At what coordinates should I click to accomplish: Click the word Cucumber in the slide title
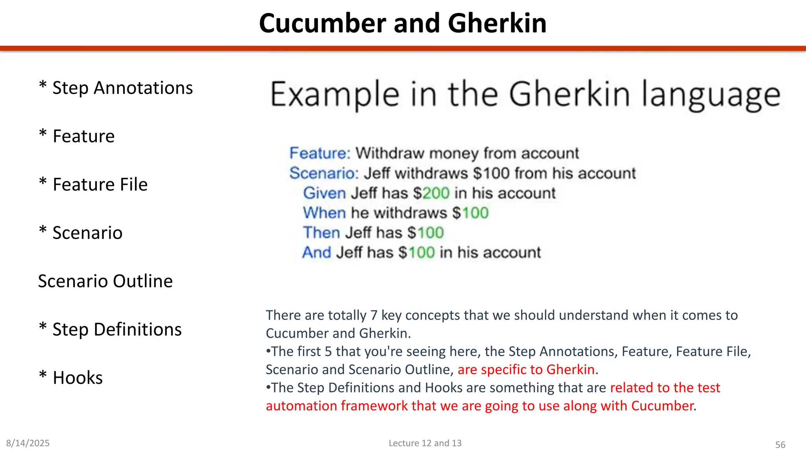tap(322, 23)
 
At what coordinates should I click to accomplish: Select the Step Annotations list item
tap(116, 88)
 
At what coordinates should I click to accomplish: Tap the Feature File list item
tap(93, 184)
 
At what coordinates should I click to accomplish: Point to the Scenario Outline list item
tap(105, 281)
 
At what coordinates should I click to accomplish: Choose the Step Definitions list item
tap(111, 330)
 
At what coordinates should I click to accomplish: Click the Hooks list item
tap(71, 378)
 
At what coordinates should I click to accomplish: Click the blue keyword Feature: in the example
tap(320, 153)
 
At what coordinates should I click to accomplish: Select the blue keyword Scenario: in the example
tap(324, 173)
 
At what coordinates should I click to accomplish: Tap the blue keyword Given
tap(324, 193)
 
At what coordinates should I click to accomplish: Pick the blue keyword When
tap(324, 213)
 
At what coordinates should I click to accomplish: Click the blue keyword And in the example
tap(316, 252)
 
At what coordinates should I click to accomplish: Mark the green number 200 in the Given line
tap(436, 193)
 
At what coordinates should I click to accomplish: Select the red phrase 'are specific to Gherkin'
tap(526, 370)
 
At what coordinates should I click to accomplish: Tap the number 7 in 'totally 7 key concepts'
tap(374, 315)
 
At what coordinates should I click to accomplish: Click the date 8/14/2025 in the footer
tap(28, 443)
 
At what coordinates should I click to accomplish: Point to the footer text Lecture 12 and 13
tap(425, 443)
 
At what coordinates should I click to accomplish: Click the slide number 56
tap(780, 445)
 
